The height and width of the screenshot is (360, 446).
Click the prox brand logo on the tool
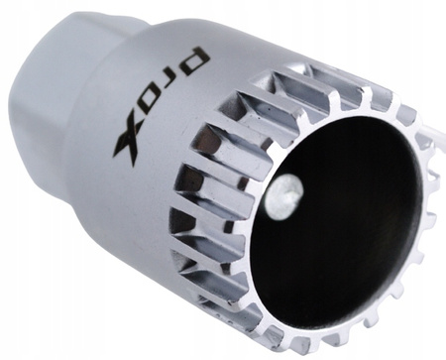coord(162,106)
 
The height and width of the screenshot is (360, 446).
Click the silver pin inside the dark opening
coord(284,196)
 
